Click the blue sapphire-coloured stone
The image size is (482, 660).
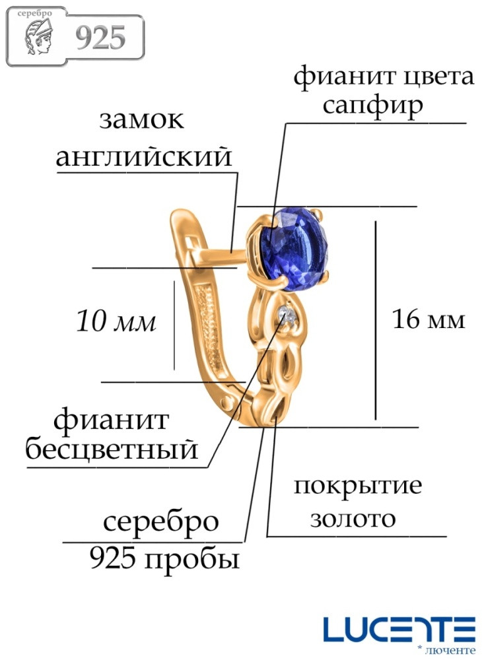click(292, 249)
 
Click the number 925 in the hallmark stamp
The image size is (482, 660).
click(100, 37)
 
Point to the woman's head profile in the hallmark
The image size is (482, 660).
click(38, 38)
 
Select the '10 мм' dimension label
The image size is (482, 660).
click(116, 321)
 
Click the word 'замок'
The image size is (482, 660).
click(142, 120)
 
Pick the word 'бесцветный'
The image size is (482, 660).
click(112, 449)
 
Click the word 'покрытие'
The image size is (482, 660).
click(358, 486)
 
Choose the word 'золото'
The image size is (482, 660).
click(353, 519)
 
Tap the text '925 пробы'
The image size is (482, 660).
click(164, 560)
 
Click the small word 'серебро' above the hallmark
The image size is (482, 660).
click(34, 13)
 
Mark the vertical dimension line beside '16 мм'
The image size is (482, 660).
click(376, 320)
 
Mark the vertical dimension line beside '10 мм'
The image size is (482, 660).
click(174, 325)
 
